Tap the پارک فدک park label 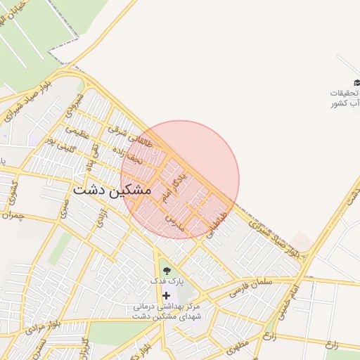click(x=166, y=281)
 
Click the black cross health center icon click(x=166, y=295)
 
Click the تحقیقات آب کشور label click(x=345, y=98)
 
